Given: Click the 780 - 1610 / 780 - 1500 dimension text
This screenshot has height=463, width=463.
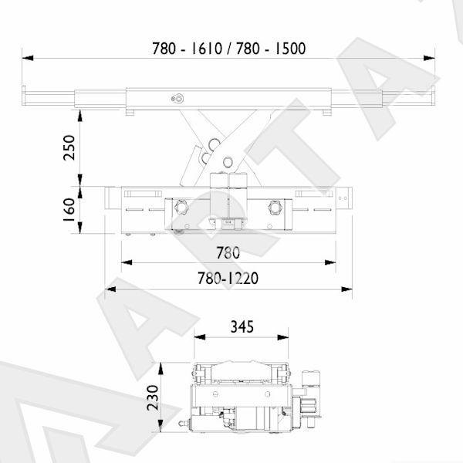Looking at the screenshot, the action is (x=229, y=49).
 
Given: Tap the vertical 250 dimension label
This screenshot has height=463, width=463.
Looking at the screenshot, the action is (x=69, y=147).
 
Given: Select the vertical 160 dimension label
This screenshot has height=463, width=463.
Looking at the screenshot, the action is (x=69, y=210).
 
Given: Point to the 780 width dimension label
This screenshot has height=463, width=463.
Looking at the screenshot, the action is (x=228, y=253).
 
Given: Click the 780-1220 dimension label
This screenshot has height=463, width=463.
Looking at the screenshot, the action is (x=228, y=278).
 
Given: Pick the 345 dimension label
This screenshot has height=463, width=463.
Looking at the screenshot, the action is (x=242, y=326).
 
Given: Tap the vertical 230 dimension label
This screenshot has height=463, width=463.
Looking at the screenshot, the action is (x=153, y=397).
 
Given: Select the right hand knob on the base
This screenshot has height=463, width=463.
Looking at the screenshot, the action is (x=275, y=207).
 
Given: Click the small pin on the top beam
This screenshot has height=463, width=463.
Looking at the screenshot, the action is (x=177, y=99).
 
